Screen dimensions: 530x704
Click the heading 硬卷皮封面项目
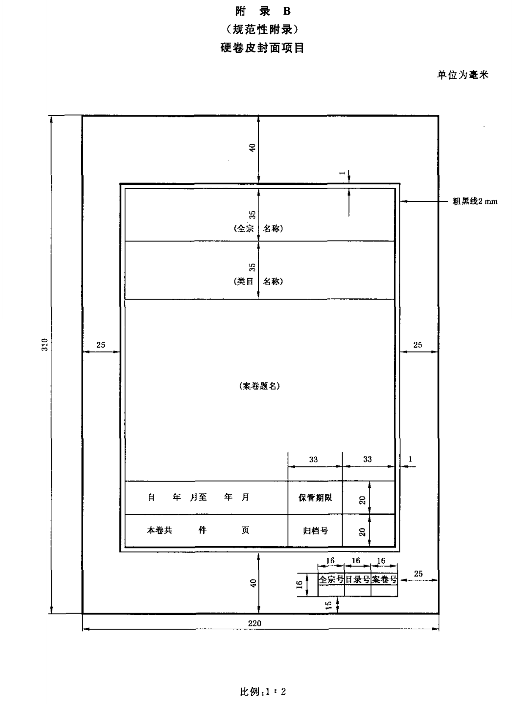262,48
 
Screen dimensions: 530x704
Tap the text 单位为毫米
462,75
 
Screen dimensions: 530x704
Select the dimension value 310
45,345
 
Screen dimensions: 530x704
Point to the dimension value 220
254,623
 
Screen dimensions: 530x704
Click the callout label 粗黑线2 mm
475,201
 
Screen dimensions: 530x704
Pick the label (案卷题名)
259,386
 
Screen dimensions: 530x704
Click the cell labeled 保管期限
315,498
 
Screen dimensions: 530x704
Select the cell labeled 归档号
315,530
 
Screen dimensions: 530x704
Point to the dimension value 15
328,605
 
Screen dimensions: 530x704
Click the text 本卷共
160,530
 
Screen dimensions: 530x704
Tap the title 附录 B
263,12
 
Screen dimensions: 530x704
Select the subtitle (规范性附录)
262,29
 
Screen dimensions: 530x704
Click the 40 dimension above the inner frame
253,148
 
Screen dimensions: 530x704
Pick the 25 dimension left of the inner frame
100,345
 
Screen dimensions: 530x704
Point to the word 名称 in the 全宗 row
273,228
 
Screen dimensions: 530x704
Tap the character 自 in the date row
151,497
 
